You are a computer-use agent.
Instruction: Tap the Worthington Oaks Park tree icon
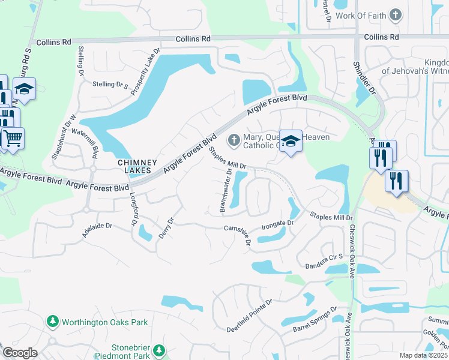tap(53, 322)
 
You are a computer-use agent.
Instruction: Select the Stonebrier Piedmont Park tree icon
tap(158, 350)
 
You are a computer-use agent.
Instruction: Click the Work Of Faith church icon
tap(395, 14)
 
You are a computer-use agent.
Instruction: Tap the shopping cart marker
tap(12, 139)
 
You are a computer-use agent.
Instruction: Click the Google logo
tap(20, 353)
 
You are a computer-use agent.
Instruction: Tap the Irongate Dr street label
tap(277, 225)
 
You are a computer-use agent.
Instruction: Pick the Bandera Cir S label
tap(324, 263)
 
